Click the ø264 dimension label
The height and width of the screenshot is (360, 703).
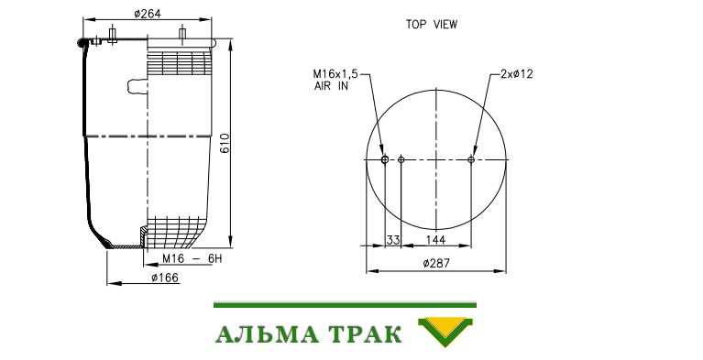pos(148,14)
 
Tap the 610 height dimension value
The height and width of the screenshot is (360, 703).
pos(225,143)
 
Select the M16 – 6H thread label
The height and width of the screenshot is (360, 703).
pos(192,258)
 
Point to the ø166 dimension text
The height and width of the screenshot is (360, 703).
pos(165,278)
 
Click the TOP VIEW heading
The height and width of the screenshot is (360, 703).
pos(432,25)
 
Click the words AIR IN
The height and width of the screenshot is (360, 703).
pos(331,86)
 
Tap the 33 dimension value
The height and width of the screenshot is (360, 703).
pos(393,240)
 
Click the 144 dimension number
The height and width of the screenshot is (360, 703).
pos(435,240)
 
